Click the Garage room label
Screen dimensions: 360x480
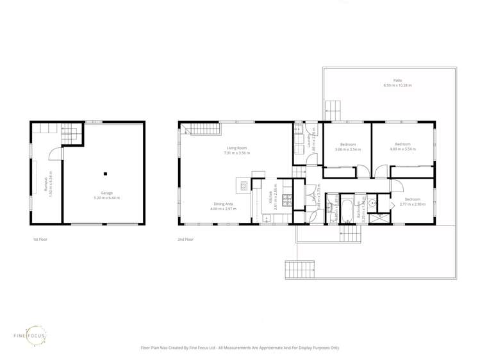click(106, 193)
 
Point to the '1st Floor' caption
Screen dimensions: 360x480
click(40, 240)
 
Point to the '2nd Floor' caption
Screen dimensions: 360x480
click(185, 240)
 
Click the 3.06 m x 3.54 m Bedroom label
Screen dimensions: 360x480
click(347, 147)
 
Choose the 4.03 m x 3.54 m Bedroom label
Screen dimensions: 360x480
click(402, 146)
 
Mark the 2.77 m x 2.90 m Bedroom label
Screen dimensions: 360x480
click(411, 202)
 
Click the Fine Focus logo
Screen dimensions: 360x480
click(30, 335)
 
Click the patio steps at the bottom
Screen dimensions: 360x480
click(301, 270)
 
